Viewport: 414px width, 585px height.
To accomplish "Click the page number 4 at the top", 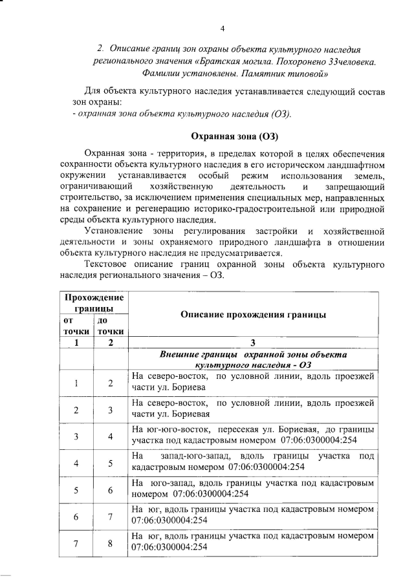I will (x=223, y=28).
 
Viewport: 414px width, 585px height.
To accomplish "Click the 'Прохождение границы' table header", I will (x=93, y=302).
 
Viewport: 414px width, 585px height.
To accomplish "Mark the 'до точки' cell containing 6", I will (x=110, y=490).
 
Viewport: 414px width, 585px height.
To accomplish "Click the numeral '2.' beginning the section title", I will (x=101, y=49).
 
